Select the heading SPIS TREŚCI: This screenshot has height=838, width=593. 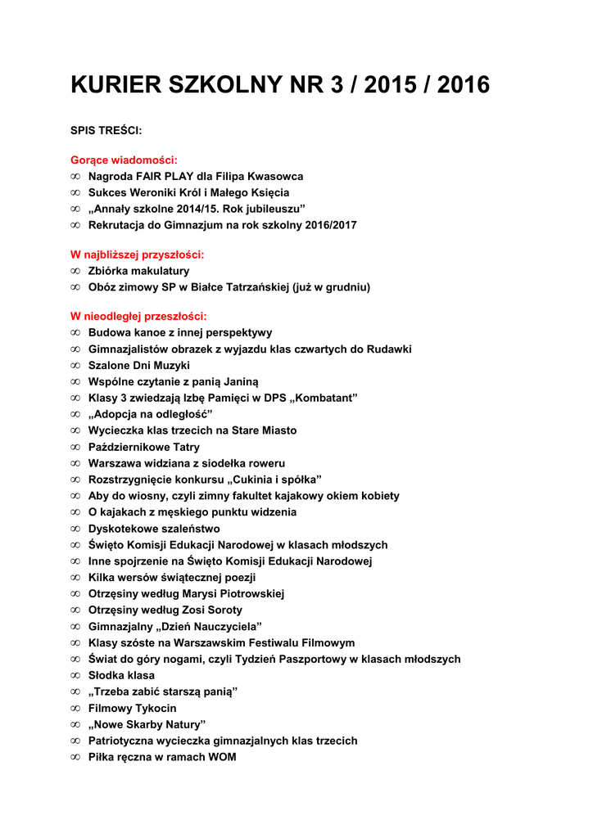click(106, 130)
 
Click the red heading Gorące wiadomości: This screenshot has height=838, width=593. click(124, 160)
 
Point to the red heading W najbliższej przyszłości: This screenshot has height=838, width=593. click(137, 255)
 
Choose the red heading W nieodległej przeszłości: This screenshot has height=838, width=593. click(138, 316)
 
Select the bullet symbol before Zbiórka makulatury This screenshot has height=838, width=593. click(75, 271)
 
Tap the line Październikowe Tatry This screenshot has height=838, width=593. click(143, 447)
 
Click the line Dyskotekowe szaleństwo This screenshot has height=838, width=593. click(154, 529)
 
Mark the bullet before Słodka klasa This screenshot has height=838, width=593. click(75, 675)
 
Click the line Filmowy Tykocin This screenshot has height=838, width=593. click(132, 708)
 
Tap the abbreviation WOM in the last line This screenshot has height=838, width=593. click(220, 757)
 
